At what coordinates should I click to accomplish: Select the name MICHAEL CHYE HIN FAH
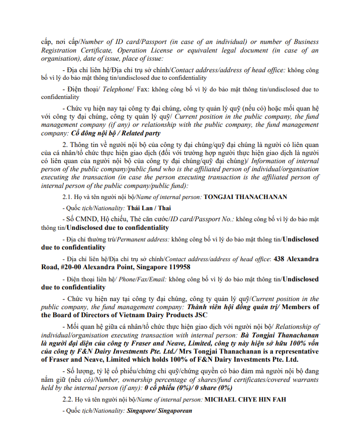(x=245, y=400)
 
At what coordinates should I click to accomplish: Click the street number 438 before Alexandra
(x=279, y=259)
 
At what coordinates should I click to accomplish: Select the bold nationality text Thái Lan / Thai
(x=142, y=208)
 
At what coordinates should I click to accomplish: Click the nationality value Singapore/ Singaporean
(x=159, y=411)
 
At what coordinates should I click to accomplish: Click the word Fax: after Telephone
(x=143, y=89)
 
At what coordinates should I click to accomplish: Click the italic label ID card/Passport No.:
(x=200, y=219)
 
